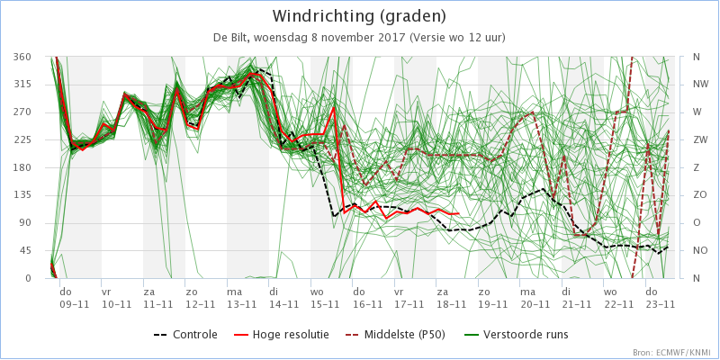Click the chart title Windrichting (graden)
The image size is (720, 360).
pyautogui.click(x=359, y=16)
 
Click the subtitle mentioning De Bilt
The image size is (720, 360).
pyautogui.click(x=359, y=38)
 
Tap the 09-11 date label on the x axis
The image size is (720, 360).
pyautogui.click(x=66, y=304)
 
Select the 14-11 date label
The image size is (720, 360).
pyautogui.click(x=274, y=304)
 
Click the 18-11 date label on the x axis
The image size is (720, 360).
pyautogui.click(x=442, y=304)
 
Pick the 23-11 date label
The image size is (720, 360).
pyautogui.click(x=651, y=304)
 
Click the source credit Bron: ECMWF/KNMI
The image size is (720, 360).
pyautogui.click(x=670, y=353)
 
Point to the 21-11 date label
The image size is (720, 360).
pyautogui.click(x=567, y=304)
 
